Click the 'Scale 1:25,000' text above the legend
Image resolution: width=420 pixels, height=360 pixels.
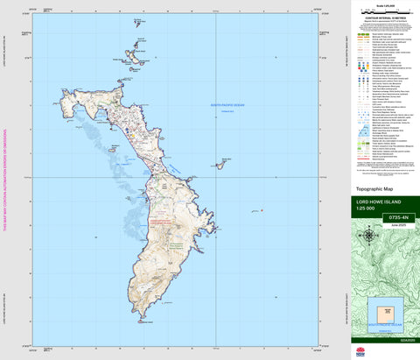tap(382, 6)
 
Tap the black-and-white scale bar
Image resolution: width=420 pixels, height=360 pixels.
tap(382, 12)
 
